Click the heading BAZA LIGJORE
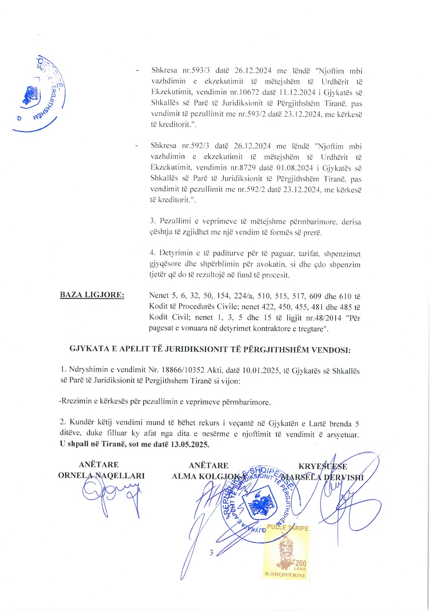tap(92, 294)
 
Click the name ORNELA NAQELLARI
tap(101, 475)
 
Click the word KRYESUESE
tap(323, 466)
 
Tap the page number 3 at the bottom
tap(211, 553)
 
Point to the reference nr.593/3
tap(190, 70)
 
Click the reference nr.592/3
tap(190, 145)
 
